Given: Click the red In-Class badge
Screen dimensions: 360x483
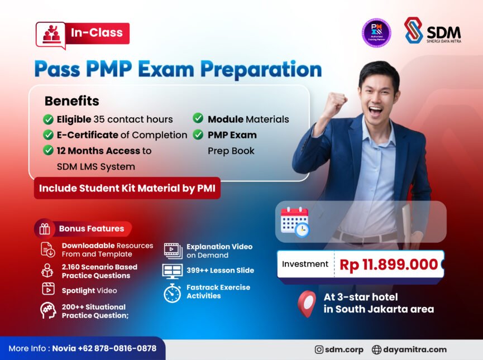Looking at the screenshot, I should point(82,33).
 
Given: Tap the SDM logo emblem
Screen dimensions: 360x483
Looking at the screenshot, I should point(414,30).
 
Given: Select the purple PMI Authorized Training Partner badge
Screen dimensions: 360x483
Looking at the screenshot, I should point(376,32).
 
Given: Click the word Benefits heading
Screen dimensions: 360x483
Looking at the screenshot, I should point(71,101).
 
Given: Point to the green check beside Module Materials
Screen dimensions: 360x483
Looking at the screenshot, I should point(198,118).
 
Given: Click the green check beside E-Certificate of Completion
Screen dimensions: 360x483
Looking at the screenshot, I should point(49,135).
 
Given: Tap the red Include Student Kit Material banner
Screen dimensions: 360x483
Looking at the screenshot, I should point(127,188).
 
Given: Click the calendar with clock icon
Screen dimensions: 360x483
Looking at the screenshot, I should point(295,222).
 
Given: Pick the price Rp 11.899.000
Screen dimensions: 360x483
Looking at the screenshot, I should point(389,265).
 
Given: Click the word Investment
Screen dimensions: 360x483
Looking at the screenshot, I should point(305,264).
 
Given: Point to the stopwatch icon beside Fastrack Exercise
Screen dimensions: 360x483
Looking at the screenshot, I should point(172,292).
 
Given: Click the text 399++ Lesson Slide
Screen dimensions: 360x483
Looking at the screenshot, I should point(220,270).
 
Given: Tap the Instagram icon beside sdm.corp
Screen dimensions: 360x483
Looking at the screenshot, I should point(319,349).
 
